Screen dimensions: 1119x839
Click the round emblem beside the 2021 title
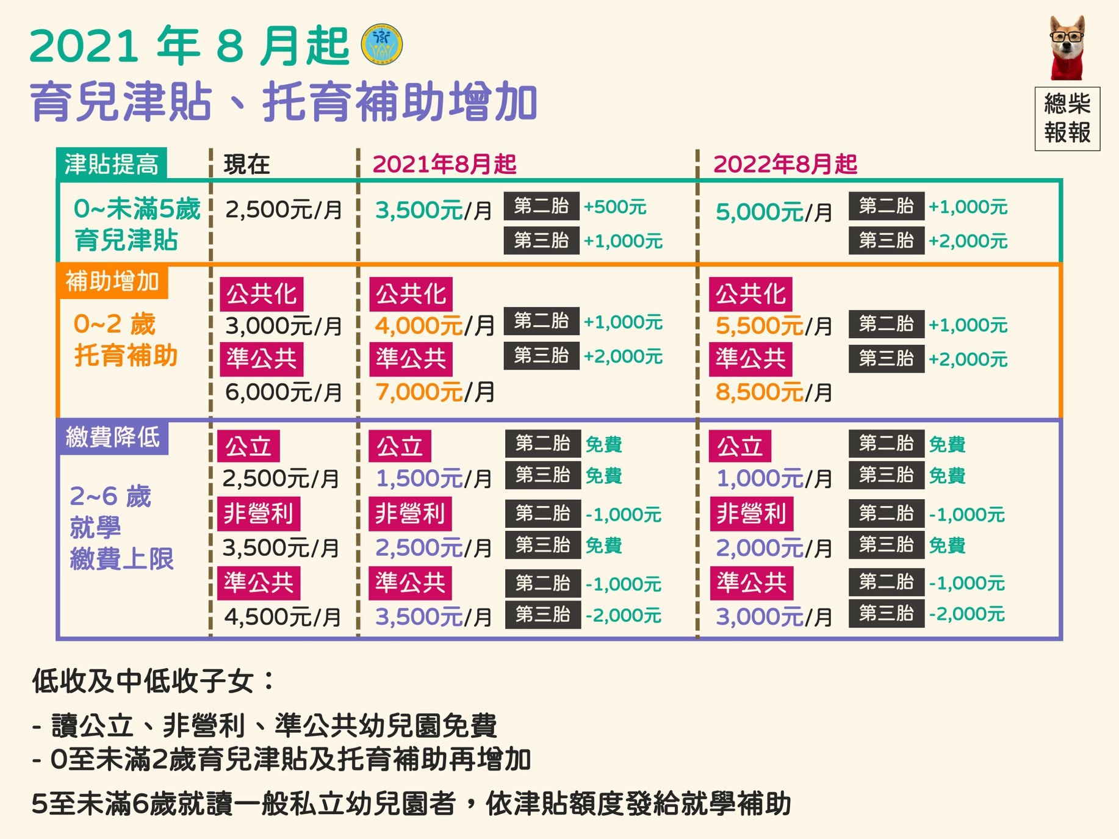(382, 45)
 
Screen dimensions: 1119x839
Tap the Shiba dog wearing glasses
(1067, 48)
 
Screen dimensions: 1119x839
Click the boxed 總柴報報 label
(1067, 118)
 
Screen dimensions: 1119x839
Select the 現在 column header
(246, 164)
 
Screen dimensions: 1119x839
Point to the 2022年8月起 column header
(785, 164)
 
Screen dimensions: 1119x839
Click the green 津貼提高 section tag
(112, 164)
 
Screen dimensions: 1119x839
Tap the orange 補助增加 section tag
(112, 281)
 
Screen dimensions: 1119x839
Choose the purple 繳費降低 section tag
(112, 437)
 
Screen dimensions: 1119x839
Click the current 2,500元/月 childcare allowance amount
(283, 210)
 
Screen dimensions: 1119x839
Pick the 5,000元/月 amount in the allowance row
(774, 212)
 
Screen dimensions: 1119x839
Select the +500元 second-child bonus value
(614, 207)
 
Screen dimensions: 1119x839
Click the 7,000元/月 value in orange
(434, 392)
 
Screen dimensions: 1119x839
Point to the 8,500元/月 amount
(774, 392)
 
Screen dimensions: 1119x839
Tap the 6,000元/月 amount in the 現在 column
(283, 392)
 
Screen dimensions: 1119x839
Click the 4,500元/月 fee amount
(282, 617)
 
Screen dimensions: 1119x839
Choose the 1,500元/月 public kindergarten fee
(433, 478)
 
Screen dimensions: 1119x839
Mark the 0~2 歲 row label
(114, 324)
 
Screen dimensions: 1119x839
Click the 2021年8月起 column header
(444, 164)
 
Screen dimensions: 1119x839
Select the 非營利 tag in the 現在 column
(259, 513)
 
